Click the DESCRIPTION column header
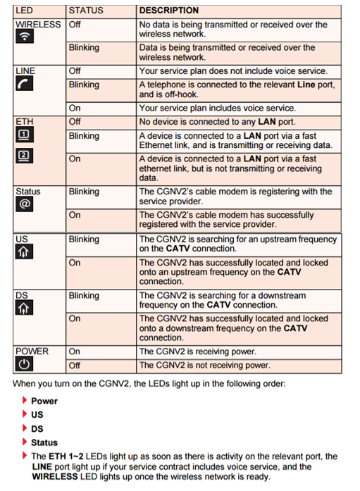tap(169, 11)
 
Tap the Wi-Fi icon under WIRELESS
tap(25, 36)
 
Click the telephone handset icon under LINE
tap(25, 84)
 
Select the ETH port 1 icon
tap(25, 135)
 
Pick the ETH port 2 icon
tap(25, 156)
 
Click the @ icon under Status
tap(25, 204)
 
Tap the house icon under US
tap(24, 251)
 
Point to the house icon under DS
tap(24, 308)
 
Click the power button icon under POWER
tap(24, 364)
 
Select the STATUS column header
tap(86, 11)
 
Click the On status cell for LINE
tap(75, 108)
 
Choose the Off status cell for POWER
tap(75, 366)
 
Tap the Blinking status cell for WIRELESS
tap(84, 48)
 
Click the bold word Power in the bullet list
tap(44, 401)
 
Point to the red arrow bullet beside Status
tap(25, 442)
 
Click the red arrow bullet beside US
tap(25, 414)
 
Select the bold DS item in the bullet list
tap(37, 429)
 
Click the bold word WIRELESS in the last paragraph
tap(55, 477)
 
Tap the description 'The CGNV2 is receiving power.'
tap(198, 352)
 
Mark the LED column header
tap(24, 11)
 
